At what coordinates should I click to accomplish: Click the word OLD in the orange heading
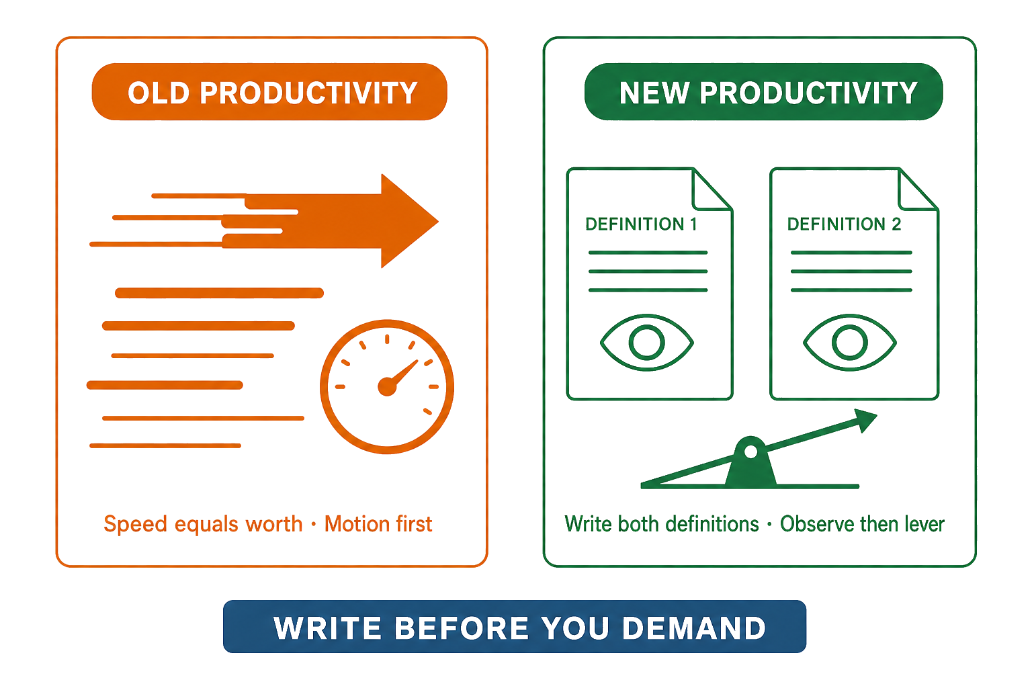pos(159,93)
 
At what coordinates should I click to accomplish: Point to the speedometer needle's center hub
pos(387,386)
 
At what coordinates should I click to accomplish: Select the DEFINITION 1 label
pos(641,224)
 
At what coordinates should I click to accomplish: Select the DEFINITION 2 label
pos(844,224)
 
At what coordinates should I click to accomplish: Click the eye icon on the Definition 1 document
pos(647,343)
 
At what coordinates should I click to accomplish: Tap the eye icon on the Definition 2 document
pos(849,343)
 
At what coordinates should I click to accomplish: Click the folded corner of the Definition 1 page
pos(712,189)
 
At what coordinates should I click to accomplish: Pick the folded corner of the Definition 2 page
pos(918,189)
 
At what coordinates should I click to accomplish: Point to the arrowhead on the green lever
pos(865,420)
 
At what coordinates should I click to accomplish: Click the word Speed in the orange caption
pos(135,525)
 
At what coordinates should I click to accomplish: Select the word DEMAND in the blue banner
pos(694,628)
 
